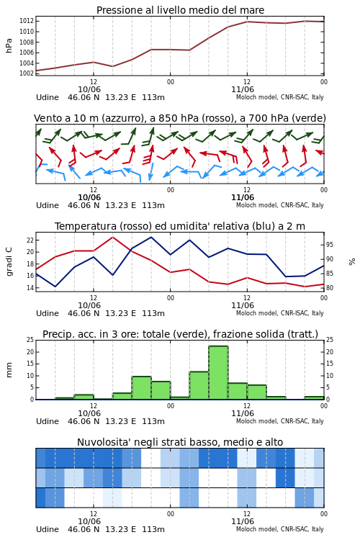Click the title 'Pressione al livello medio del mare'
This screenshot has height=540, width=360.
tap(180, 10)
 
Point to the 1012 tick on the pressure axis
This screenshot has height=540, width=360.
tap(27, 21)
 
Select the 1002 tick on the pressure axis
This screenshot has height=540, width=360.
tap(27, 73)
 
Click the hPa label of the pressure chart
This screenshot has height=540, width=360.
tap(9, 45)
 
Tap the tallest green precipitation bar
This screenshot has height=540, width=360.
tap(218, 373)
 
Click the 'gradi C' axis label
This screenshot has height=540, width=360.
tap(9, 261)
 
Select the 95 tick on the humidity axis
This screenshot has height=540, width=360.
tap(330, 245)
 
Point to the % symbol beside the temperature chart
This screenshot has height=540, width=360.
tap(352, 262)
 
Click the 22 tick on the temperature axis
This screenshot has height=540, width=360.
tap(30, 240)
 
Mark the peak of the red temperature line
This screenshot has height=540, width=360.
tap(112, 238)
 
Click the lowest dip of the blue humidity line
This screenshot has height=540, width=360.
tap(55, 287)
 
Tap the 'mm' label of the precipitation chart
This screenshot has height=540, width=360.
tap(9, 370)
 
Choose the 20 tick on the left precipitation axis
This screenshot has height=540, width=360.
tap(30, 352)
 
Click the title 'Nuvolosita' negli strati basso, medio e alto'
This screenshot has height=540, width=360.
tap(180, 442)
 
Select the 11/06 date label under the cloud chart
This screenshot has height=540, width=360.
tap(243, 521)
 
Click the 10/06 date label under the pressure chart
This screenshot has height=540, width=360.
tap(89, 89)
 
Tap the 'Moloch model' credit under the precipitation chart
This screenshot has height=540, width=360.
tap(256, 421)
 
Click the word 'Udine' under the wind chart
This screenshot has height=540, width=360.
tap(48, 205)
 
